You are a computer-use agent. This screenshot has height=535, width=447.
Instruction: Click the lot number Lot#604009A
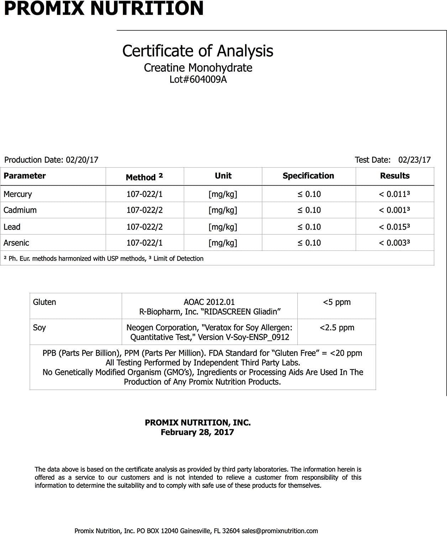198,79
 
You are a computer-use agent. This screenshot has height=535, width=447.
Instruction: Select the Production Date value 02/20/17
82,160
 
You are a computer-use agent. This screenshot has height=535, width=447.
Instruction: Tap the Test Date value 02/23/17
414,160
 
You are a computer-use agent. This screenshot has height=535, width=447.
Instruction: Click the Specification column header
308,176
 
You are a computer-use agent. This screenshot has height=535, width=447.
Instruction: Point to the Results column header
395,176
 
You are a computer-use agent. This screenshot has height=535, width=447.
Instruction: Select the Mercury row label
18,194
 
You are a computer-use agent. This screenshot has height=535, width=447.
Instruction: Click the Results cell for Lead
394,227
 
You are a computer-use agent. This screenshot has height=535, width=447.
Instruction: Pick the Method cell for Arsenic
145,243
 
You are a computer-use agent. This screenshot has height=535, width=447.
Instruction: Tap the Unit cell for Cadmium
223,210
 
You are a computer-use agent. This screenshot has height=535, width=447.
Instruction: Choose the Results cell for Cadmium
394,210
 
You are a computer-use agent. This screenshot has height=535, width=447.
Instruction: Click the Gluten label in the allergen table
45,302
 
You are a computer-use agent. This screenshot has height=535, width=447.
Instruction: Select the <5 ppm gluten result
337,302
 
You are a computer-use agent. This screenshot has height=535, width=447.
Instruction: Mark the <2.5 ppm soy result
337,327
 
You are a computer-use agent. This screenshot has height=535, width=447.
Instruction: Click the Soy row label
39,327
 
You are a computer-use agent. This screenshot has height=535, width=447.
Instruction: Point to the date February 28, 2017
197,432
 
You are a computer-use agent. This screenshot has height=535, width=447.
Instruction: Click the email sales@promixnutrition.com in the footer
280,531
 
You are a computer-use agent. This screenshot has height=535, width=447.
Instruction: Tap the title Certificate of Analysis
198,51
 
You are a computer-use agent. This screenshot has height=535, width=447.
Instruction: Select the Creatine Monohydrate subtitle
198,68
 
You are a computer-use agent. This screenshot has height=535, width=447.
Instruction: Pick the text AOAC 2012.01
209,302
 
